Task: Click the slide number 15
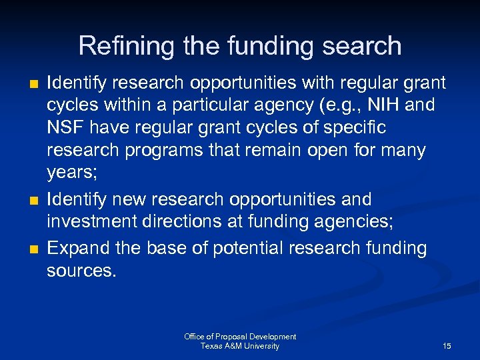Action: (447, 346)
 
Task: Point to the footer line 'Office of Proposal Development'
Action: (240, 337)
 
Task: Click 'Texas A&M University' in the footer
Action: (240, 346)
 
